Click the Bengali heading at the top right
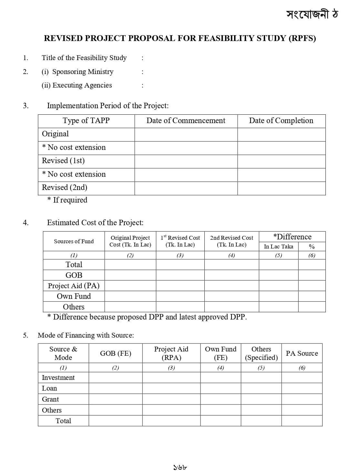312,14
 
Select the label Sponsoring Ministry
83,72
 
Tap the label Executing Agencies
82,85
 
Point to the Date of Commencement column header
186,121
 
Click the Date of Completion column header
281,121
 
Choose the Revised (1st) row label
63,161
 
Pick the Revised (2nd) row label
65,187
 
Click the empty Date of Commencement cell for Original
186,134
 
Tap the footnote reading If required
70,200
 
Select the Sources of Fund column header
74,241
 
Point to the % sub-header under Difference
312,246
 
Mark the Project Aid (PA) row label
74,286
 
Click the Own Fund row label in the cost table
74,296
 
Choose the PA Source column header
302,353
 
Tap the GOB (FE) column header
115,353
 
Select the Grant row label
50,399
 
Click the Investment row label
58,378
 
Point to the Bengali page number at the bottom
180,467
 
